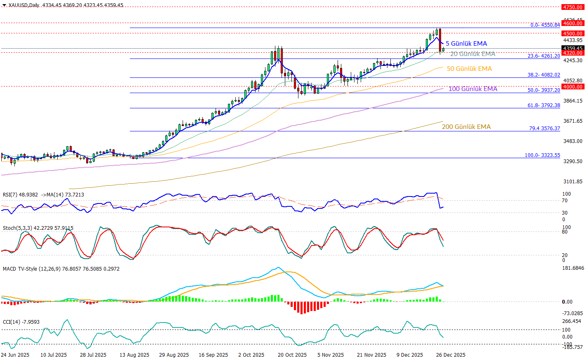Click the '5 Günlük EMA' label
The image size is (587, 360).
(466, 44)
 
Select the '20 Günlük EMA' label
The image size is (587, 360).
(472, 54)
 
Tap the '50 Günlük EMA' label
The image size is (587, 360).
(469, 69)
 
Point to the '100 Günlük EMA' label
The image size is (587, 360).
(473, 89)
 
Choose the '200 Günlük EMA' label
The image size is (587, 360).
(466, 127)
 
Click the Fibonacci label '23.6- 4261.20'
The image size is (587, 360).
(544, 56)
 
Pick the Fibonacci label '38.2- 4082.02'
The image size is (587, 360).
(544, 75)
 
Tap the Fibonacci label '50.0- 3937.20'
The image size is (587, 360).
(544, 90)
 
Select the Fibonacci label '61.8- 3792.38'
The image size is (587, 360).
(544, 105)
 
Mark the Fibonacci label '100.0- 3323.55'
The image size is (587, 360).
(542, 155)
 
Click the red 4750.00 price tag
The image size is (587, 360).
(573, 7)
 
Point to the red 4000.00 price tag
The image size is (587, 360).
(573, 86)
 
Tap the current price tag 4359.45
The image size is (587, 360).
(573, 48)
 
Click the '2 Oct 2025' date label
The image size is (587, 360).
(251, 355)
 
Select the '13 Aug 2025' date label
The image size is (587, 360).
(134, 355)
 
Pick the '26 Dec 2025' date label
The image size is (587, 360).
(451, 355)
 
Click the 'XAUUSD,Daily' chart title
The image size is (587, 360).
(24, 5)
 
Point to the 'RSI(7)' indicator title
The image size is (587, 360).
(10, 195)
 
